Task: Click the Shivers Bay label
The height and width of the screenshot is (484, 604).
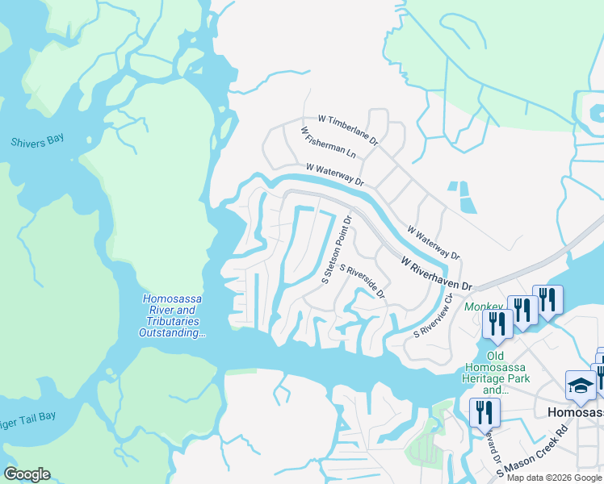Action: (x=36, y=142)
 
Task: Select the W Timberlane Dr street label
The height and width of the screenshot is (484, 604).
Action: (x=349, y=128)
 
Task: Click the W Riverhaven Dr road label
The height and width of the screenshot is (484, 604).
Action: (x=437, y=274)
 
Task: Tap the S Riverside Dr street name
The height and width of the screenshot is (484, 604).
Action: (x=363, y=281)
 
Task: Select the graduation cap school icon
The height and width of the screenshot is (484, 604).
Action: (x=581, y=386)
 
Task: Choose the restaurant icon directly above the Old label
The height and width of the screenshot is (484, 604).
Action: (x=496, y=323)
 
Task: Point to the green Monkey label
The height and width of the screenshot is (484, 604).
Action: (x=481, y=307)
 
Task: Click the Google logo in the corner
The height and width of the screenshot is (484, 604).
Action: (x=27, y=474)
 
